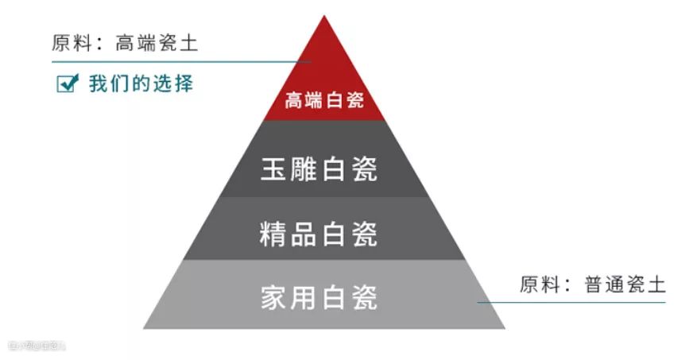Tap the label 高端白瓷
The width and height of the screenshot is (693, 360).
click(x=324, y=102)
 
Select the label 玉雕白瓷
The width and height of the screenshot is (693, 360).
click(x=319, y=169)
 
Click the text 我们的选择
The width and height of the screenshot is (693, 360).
click(x=141, y=83)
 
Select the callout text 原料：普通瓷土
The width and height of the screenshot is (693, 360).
click(x=592, y=285)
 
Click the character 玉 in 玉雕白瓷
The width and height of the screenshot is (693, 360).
click(x=274, y=169)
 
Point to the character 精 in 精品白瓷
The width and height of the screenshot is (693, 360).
click(x=273, y=234)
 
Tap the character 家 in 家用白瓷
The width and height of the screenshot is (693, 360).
click(x=273, y=297)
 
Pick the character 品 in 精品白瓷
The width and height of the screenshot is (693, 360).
click(x=304, y=234)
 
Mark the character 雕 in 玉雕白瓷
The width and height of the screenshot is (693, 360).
click(x=304, y=169)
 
